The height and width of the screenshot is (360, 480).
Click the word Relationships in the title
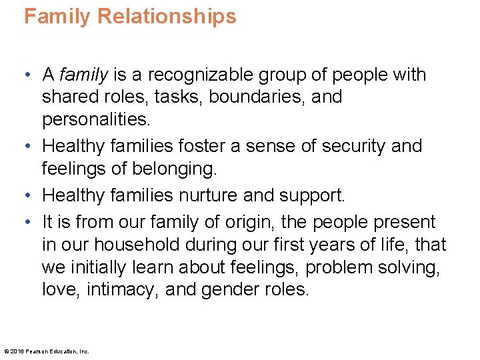coord(167,16)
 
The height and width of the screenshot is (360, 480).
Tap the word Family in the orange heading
coord(56,16)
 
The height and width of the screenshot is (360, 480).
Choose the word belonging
coord(173,168)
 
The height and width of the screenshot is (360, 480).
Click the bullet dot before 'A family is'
coord(28,75)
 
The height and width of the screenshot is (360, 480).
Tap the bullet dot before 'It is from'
coord(28,223)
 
